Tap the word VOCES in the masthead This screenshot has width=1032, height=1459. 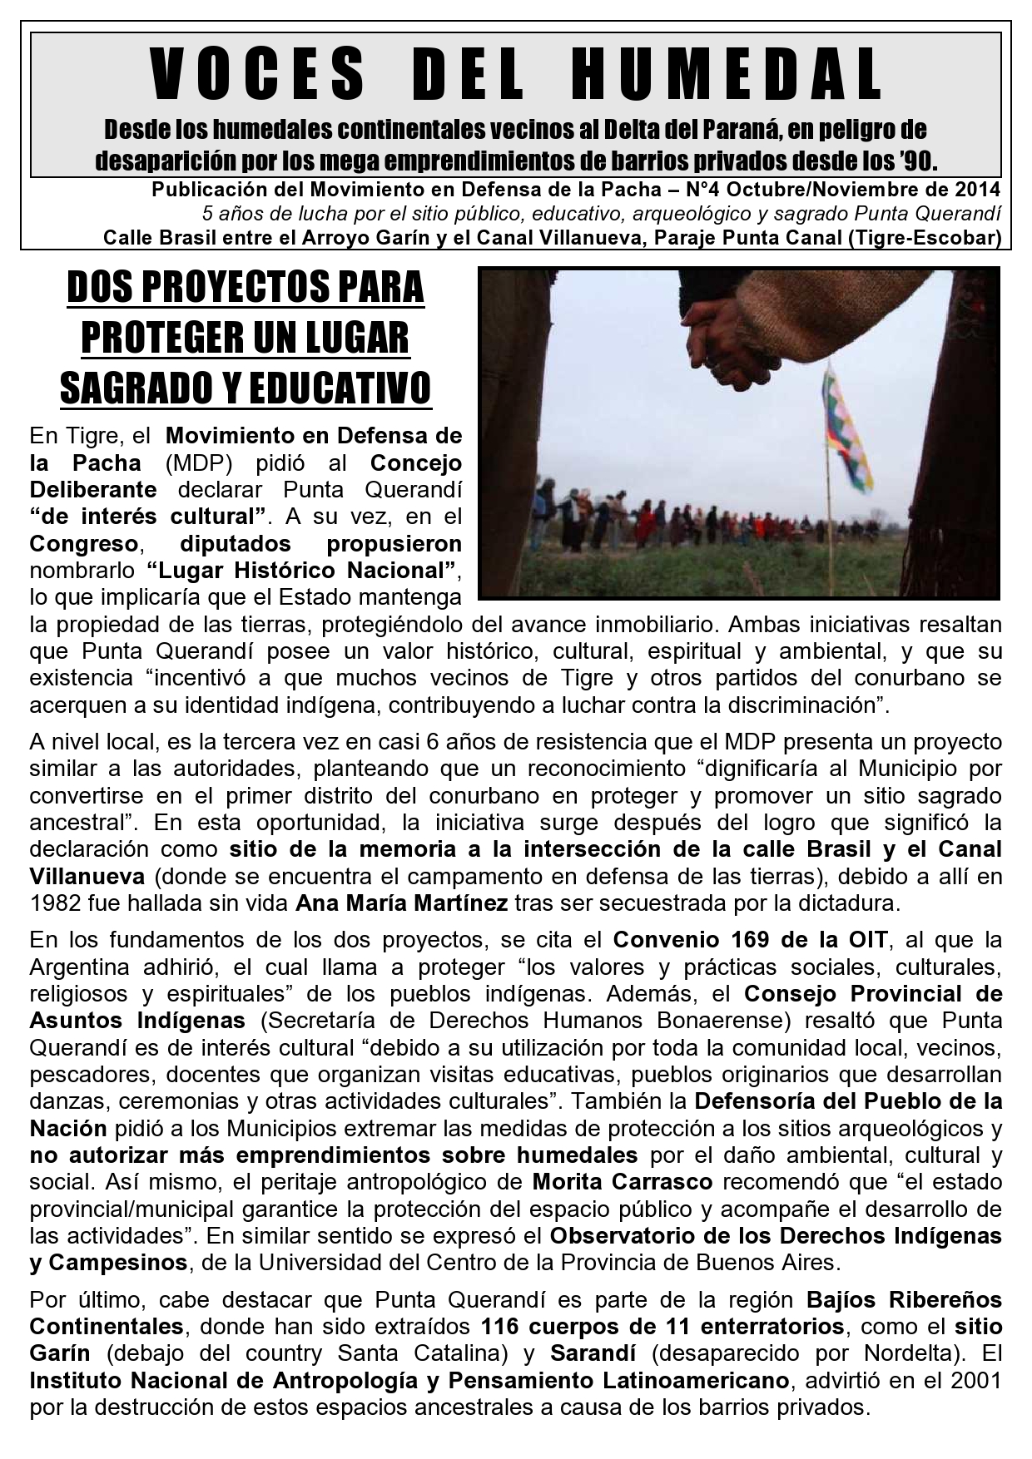coord(259,75)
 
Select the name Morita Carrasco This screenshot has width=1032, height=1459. coord(622,1182)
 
